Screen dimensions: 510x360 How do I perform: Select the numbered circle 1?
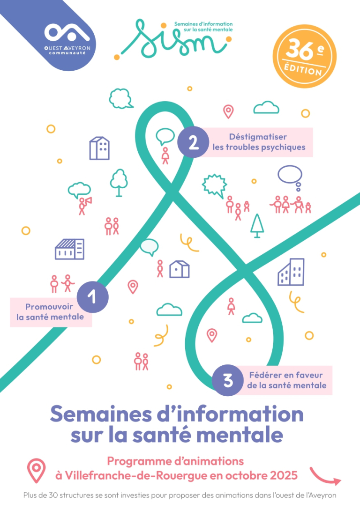(x=93, y=297)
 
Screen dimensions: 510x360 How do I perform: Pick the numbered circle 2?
(x=193, y=142)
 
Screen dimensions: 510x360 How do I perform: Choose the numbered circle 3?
(x=228, y=380)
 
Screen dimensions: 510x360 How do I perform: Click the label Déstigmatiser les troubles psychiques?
(x=258, y=142)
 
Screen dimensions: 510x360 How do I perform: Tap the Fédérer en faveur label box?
(x=286, y=380)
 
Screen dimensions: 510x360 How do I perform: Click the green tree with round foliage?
(x=119, y=182)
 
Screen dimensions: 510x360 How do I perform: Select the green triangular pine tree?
(x=257, y=225)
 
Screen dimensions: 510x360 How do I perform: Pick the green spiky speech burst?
(x=215, y=185)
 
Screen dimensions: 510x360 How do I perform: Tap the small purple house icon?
(x=179, y=269)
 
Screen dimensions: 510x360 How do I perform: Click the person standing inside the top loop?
(x=165, y=155)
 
